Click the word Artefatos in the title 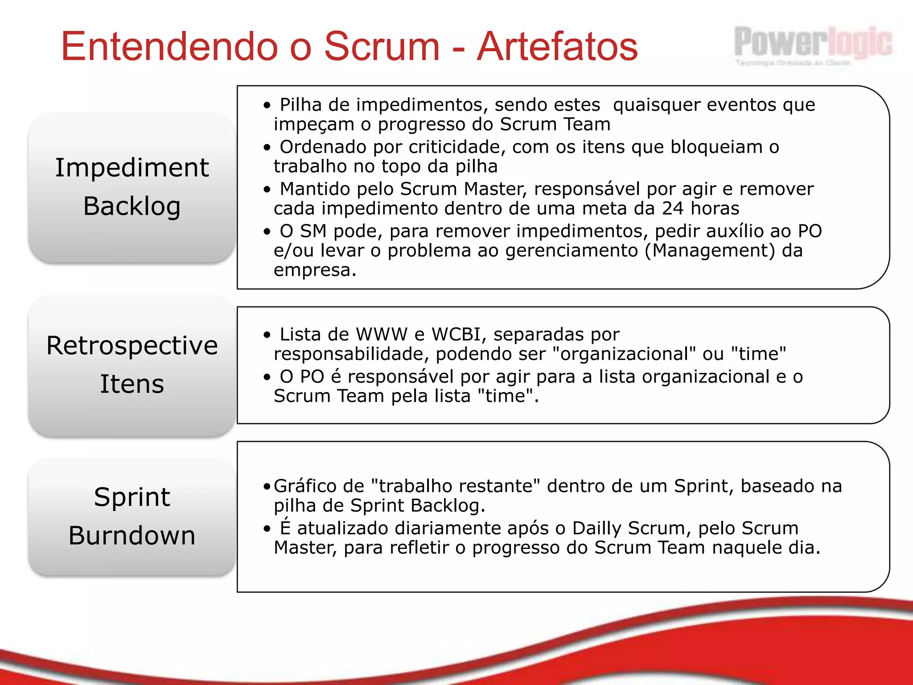point(557,46)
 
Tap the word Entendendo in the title point(170,46)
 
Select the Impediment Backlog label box point(132,187)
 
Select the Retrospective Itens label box point(132,365)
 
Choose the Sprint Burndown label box point(132,516)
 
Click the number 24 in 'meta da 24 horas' point(673,208)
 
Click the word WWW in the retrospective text point(382,334)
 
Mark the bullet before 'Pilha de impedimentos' point(267,106)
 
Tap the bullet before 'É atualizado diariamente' point(267,529)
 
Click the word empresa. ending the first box point(315,270)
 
